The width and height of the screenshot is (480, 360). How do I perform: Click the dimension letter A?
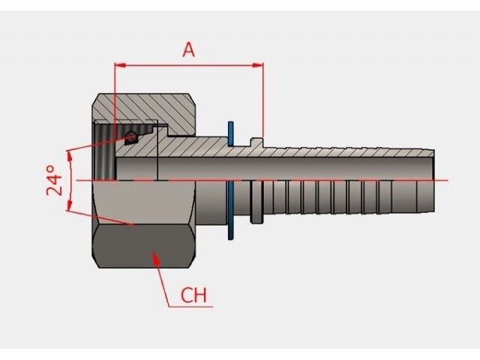188,49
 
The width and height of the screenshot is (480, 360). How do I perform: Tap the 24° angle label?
55,181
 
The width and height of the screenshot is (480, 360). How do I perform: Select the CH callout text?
193,295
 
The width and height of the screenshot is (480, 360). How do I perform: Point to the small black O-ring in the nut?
131,136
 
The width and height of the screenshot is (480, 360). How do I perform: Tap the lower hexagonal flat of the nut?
142,247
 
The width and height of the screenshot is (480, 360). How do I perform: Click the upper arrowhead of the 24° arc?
69,154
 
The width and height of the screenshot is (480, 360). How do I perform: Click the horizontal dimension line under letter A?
188,66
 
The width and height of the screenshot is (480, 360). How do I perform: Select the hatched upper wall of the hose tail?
337,152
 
